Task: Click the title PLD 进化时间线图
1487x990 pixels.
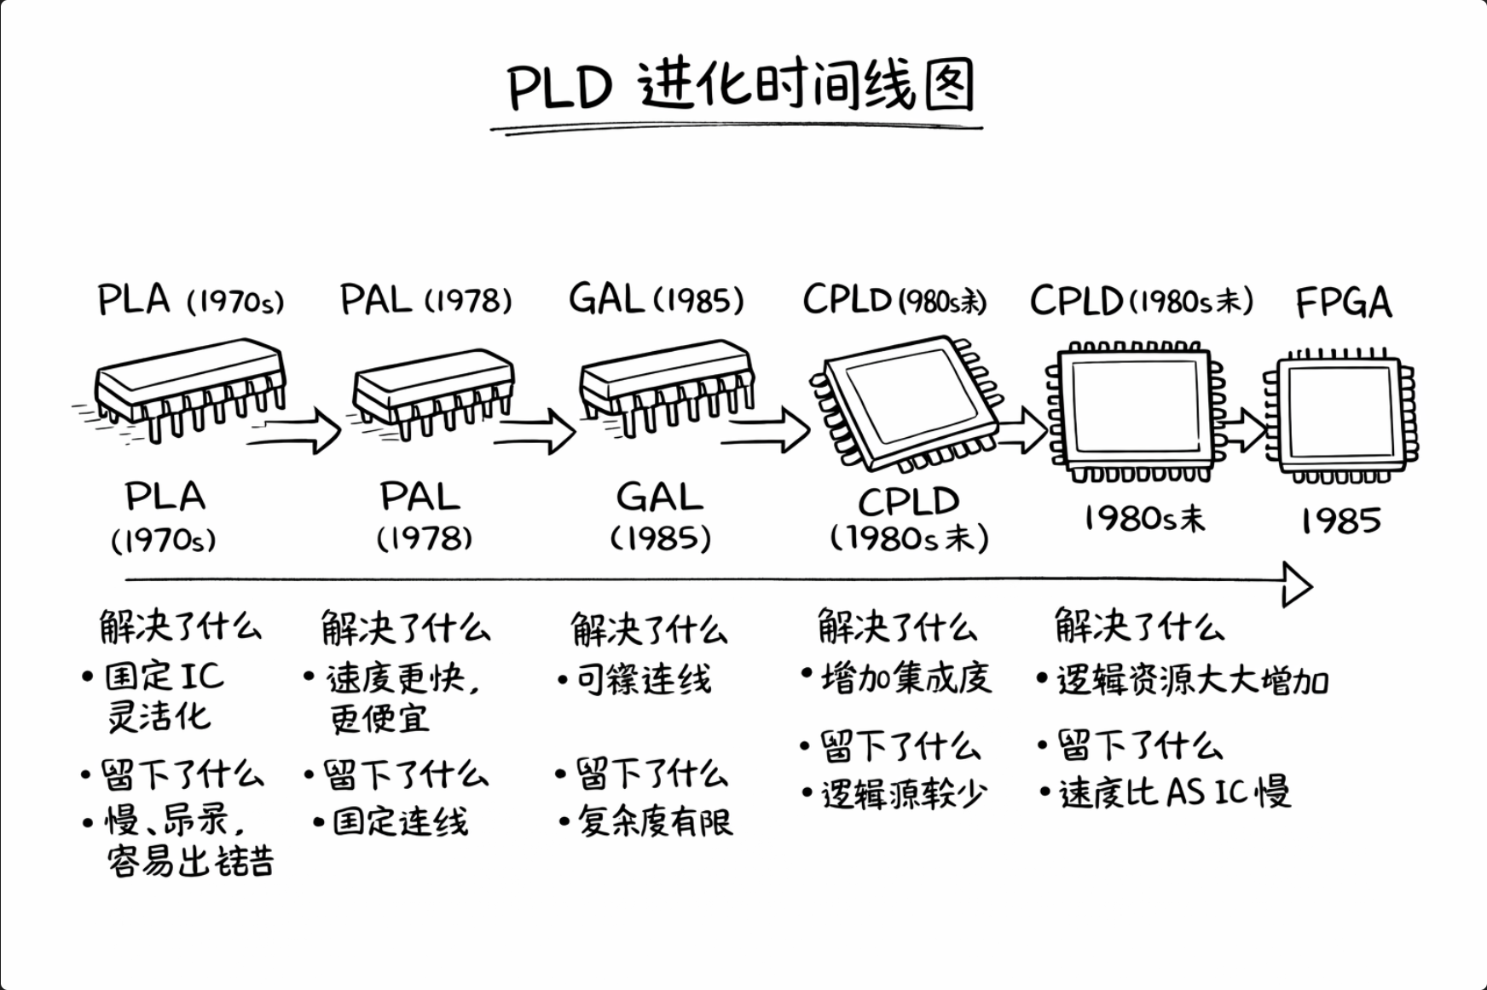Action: [740, 85]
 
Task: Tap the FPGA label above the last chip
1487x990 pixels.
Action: [1343, 302]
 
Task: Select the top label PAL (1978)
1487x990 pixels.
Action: [425, 300]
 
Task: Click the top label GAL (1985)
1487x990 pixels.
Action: [656, 300]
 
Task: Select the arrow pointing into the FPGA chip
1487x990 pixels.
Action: [1243, 429]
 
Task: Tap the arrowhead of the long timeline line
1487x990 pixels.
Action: [1296, 584]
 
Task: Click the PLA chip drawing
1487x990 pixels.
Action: [190, 387]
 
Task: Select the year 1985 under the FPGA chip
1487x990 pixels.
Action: [1340, 521]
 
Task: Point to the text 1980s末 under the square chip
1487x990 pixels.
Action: [1144, 518]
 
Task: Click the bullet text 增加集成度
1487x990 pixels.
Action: [906, 678]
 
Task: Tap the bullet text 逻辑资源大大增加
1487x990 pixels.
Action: [1192, 681]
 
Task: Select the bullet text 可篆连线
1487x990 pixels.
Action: [643, 680]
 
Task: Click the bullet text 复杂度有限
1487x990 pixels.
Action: [655, 821]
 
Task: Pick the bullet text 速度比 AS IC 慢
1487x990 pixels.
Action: [1174, 792]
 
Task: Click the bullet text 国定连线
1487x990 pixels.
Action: [400, 821]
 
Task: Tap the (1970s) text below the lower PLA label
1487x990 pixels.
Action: [164, 540]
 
